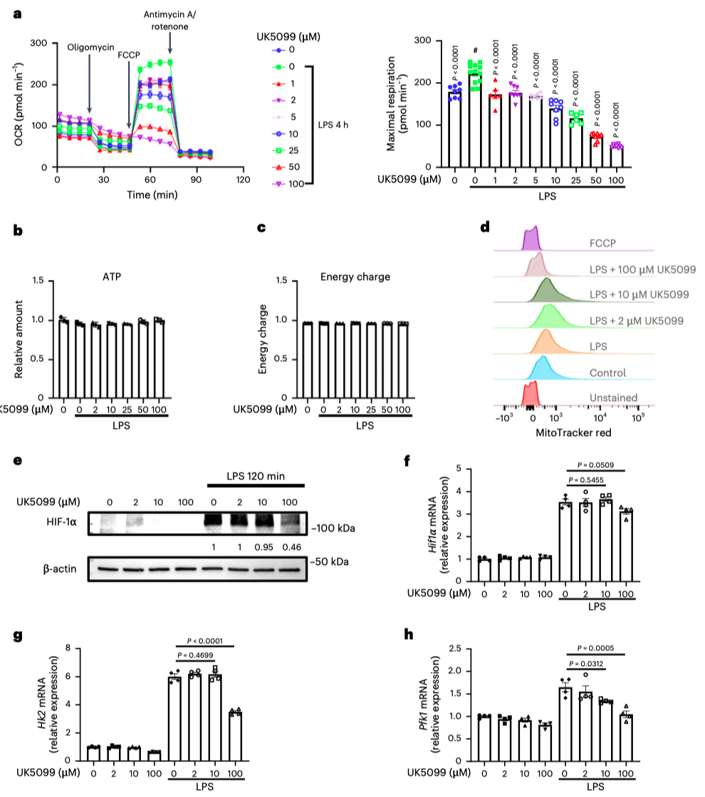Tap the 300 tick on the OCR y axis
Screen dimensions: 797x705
point(41,43)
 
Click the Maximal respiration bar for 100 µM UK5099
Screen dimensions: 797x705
point(615,157)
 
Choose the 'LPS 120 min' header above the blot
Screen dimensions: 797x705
point(256,476)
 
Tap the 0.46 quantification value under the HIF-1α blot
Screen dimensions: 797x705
point(290,547)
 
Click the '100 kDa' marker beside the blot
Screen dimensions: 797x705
point(333,529)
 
